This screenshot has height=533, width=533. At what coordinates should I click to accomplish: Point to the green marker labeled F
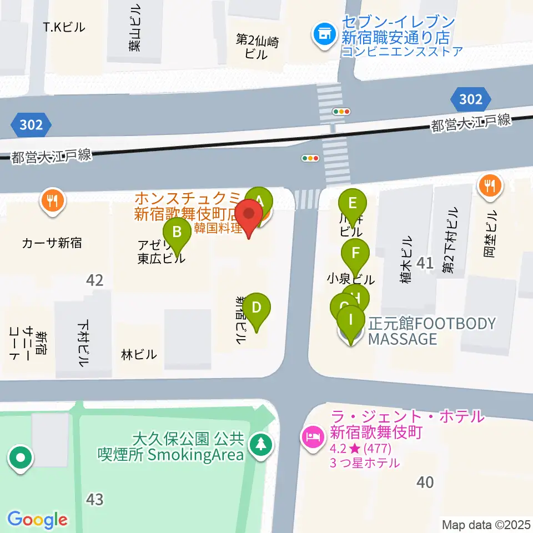(x=355, y=254)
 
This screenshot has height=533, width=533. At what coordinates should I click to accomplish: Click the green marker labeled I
(x=350, y=320)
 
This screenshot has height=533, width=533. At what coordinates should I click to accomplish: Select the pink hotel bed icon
(x=311, y=437)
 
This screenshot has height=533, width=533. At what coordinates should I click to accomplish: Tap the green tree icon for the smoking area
(x=259, y=444)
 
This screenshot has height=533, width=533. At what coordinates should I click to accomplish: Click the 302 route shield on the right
(x=470, y=99)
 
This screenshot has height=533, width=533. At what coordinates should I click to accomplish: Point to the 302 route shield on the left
(x=31, y=125)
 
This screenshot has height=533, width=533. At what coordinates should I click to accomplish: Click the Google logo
(x=37, y=520)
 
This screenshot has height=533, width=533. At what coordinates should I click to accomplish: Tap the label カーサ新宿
(x=52, y=243)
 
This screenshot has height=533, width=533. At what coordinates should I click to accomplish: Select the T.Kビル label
(x=64, y=27)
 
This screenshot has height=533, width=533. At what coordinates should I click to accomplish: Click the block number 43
(x=94, y=499)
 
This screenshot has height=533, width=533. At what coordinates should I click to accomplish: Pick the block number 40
(x=425, y=482)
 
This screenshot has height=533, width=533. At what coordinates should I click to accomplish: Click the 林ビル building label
(x=138, y=354)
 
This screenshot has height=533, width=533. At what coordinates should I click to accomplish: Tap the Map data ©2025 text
(x=486, y=525)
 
